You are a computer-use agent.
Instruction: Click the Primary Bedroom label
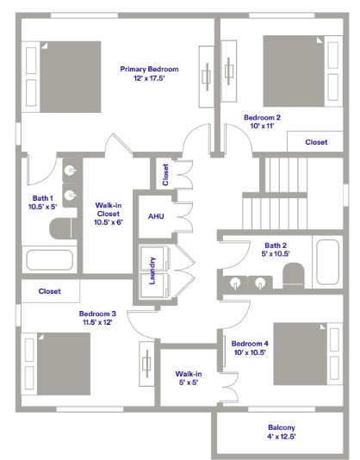[149, 73]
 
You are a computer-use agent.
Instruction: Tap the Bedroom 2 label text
[262, 121]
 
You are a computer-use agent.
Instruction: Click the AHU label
[156, 216]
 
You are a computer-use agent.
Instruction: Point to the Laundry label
[152, 270]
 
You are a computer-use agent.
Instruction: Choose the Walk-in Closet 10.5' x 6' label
[108, 213]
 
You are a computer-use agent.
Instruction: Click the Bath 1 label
[42, 202]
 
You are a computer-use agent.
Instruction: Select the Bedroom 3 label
[97, 318]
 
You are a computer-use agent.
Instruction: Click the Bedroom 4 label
[249, 347]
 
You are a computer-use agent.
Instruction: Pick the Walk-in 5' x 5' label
[188, 378]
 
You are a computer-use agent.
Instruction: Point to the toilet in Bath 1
[60, 228]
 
